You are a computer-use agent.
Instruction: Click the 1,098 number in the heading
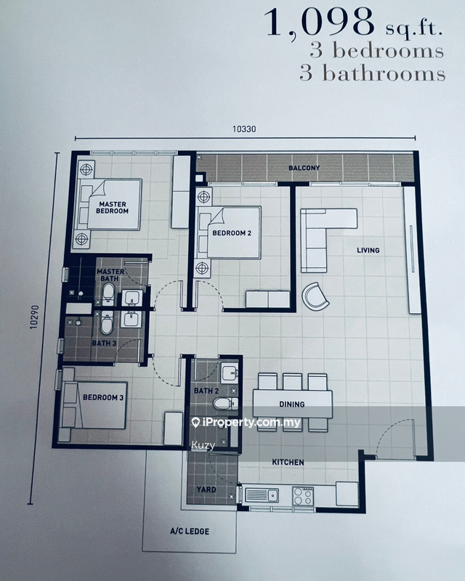coord(320,23)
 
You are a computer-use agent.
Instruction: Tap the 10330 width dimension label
coord(244,129)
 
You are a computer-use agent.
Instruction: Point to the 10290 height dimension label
coord(34,317)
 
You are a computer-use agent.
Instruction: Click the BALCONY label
coord(304,168)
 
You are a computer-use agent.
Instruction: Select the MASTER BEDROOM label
coord(113,208)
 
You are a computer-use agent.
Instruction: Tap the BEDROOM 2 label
coord(232,233)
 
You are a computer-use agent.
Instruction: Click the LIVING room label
coord(368,251)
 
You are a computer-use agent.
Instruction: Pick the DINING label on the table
coord(292,405)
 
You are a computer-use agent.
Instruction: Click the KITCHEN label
coord(288,462)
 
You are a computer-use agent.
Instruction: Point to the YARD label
coord(206,489)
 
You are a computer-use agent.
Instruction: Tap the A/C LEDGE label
coord(190,532)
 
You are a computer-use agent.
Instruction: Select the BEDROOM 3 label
coord(103,397)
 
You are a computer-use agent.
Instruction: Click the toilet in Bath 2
coord(225,404)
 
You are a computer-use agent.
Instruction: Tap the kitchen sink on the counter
coord(262,495)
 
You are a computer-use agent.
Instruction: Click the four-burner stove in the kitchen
coord(303,496)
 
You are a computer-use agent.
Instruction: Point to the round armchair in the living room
coord(315,296)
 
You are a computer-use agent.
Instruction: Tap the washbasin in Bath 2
coord(230,373)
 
